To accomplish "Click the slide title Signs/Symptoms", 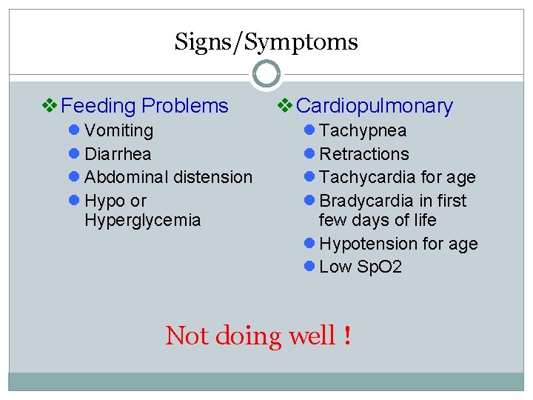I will pos(266,42).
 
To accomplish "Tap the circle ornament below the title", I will pos(266,74).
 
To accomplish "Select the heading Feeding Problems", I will pos(145,106).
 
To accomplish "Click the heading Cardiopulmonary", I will pos(374,106).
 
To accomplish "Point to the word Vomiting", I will pos(119,131).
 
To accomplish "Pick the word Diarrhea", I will pos(118,154).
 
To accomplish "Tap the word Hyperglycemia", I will pos(143,220).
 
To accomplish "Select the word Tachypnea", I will pos(363,131).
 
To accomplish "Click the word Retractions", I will pos(364,154).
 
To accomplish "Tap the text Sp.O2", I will pos(378,267).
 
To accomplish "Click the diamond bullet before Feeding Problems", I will pos(50,106).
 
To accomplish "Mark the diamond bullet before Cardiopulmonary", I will pos(284,106).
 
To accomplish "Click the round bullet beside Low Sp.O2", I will pos(309,267).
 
